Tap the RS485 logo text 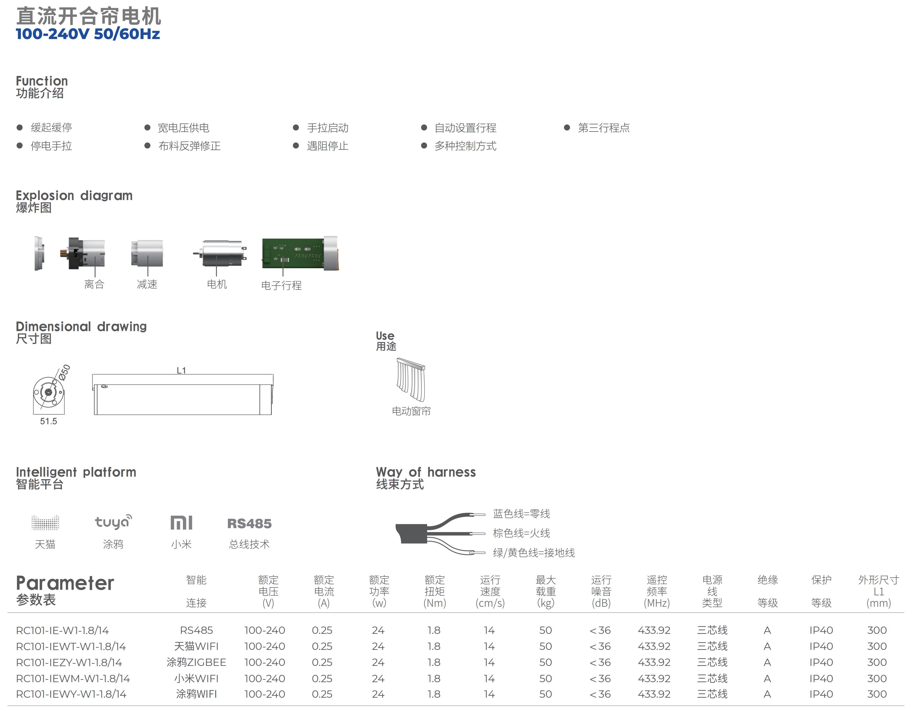249,523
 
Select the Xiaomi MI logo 181,523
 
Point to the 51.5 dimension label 49,421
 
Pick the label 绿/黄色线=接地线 533,553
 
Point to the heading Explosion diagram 74,195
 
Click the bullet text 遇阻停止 327,146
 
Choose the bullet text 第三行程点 603,128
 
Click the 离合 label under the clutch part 94,284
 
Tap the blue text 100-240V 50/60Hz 88,34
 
